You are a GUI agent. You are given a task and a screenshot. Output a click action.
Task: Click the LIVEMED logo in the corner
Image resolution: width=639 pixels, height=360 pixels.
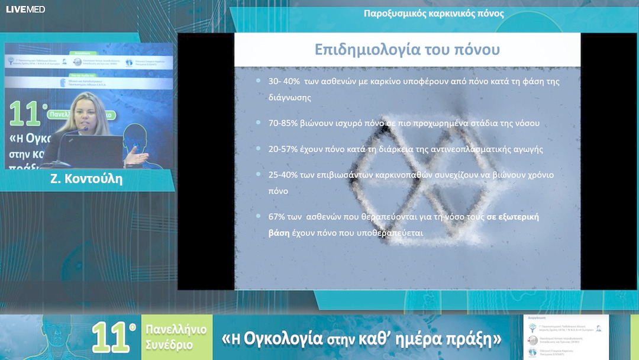[x=25, y=9]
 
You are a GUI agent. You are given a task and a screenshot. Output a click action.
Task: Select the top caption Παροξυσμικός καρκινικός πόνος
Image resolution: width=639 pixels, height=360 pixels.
[x=434, y=14]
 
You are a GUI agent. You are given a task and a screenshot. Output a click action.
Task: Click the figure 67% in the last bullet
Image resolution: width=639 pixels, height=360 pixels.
[x=278, y=217]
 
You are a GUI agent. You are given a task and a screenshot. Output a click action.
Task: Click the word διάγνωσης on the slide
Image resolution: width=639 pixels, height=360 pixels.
[x=290, y=98]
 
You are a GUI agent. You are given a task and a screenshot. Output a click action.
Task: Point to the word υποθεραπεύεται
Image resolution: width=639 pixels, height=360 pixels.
[x=390, y=233]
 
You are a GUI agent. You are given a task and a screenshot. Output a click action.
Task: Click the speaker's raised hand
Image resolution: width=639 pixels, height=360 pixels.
[x=138, y=156]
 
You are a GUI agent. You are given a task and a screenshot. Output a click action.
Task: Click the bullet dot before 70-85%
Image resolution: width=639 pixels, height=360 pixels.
[x=259, y=123]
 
